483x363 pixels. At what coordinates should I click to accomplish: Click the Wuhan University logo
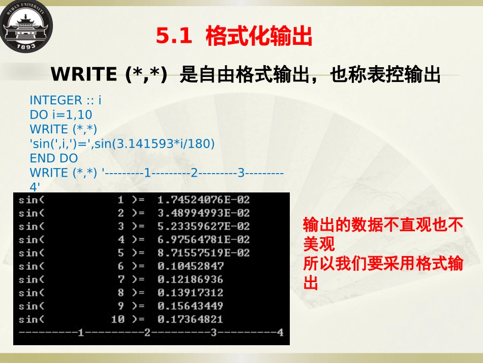click(x=26, y=26)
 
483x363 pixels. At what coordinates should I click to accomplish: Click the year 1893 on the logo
click(x=26, y=46)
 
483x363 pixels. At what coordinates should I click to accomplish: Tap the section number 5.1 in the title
click(x=174, y=37)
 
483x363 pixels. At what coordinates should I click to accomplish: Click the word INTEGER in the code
click(x=55, y=100)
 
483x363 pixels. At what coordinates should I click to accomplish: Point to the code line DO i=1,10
click(x=61, y=115)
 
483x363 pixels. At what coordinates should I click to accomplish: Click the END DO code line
click(x=53, y=158)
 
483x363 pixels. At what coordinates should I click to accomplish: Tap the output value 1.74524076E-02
click(x=203, y=200)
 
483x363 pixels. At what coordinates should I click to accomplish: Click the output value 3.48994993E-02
click(x=203, y=213)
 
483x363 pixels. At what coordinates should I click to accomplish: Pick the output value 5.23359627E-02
click(x=203, y=226)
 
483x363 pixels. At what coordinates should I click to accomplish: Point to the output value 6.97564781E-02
click(x=203, y=239)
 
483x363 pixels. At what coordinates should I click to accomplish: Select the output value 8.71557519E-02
click(x=203, y=253)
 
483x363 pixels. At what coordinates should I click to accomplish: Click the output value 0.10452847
click(x=191, y=266)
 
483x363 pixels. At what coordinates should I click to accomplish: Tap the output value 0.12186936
click(x=191, y=279)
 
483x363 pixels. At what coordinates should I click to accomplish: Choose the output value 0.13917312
click(x=191, y=293)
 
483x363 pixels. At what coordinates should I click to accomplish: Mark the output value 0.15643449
click(x=191, y=306)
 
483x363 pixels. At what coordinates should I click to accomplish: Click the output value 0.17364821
click(x=191, y=319)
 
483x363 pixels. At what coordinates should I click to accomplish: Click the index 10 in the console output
click(x=117, y=319)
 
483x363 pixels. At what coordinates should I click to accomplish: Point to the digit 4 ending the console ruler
click(x=280, y=333)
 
